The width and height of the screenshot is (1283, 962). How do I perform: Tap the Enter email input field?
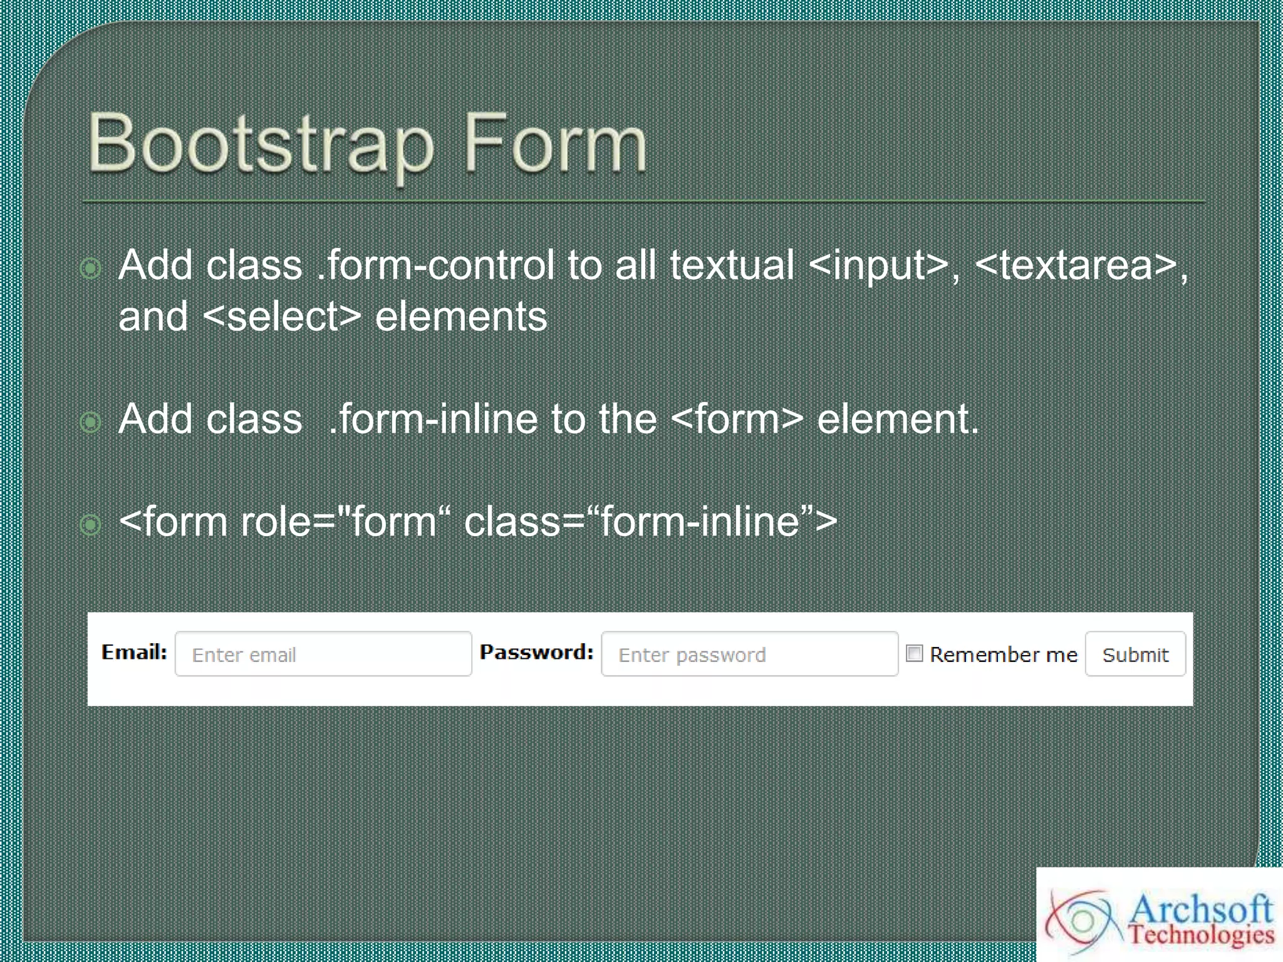[x=323, y=654]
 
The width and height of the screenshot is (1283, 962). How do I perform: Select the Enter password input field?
[x=749, y=654]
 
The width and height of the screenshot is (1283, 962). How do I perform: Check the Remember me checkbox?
[x=914, y=653]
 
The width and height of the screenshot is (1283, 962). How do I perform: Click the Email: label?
[x=134, y=652]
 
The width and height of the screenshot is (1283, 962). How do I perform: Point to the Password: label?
[x=536, y=652]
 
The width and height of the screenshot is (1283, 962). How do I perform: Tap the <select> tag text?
[x=282, y=317]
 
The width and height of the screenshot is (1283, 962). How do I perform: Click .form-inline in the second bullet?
[x=433, y=419]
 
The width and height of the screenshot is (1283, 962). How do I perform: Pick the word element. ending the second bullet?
[x=897, y=419]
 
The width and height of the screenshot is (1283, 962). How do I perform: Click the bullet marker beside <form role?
[x=91, y=525]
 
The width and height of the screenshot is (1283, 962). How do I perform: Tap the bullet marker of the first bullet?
[x=91, y=269]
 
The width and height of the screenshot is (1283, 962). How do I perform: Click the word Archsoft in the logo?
[x=1201, y=908]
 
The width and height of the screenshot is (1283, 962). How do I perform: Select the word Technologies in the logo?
[x=1201, y=935]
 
